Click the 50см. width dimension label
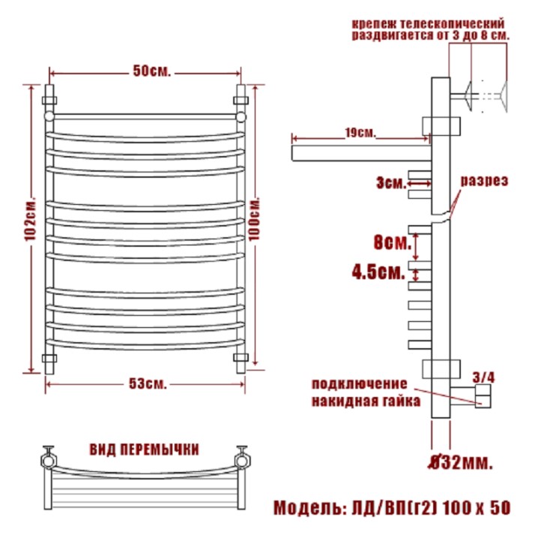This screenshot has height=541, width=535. click(152, 71)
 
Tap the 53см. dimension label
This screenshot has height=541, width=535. click(148, 383)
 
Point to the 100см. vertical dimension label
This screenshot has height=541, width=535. click(255, 219)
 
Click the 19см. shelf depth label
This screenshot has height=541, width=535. click(360, 133)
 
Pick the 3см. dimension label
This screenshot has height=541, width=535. click(391, 182)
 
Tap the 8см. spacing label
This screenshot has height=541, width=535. click(393, 242)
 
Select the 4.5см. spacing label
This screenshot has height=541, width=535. click(378, 272)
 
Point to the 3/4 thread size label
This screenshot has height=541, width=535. click(483, 377)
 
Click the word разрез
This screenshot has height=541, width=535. click(484, 181)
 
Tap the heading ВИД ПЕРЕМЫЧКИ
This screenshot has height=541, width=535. click(145, 449)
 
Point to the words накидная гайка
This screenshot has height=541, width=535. click(366, 401)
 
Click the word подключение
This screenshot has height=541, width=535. click(360, 384)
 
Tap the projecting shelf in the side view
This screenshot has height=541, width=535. click(361, 153)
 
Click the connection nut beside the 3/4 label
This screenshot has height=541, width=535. click(483, 396)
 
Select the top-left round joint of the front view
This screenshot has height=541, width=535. click(49, 116)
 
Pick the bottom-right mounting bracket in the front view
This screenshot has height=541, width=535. click(241, 357)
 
